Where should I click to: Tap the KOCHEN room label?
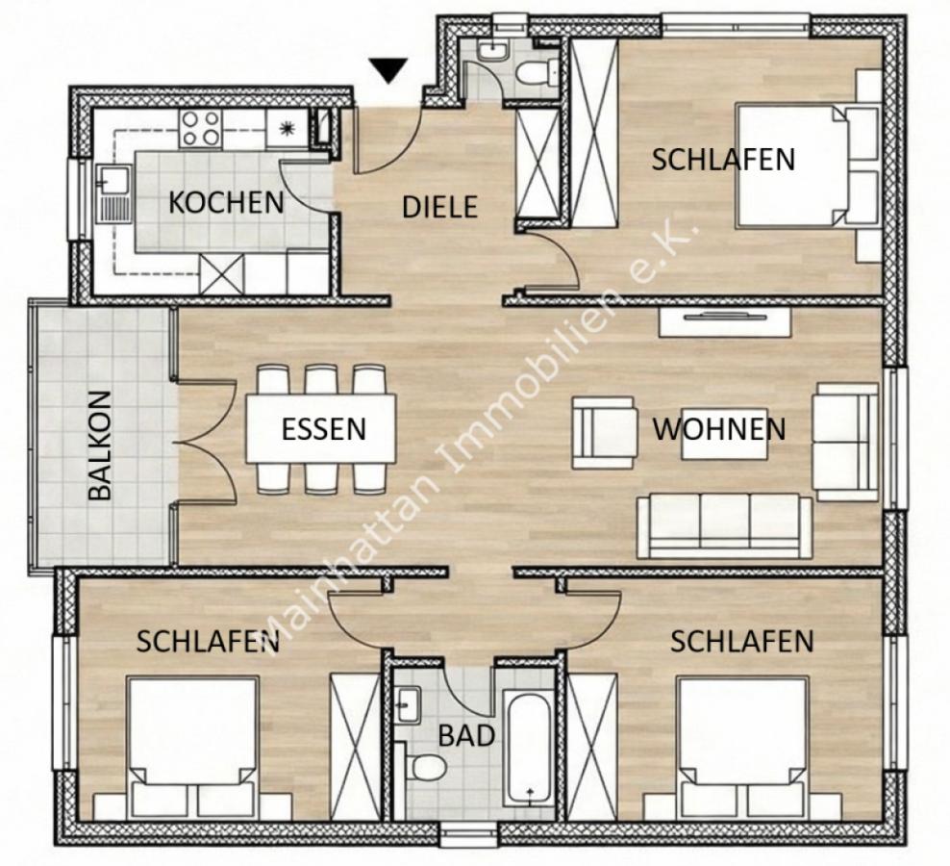pos(226,203)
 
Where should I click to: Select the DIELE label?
pos(439,206)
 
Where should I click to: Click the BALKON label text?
pos(100,445)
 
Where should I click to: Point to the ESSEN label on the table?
pos(323,428)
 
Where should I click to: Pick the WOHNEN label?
pos(719,428)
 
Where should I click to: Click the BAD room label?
pos(466,737)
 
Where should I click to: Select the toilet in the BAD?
pos(424,768)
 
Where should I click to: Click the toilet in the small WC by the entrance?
pos(533,72)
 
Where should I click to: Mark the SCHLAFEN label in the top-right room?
pos(723,159)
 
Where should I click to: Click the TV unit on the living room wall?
pos(723,322)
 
